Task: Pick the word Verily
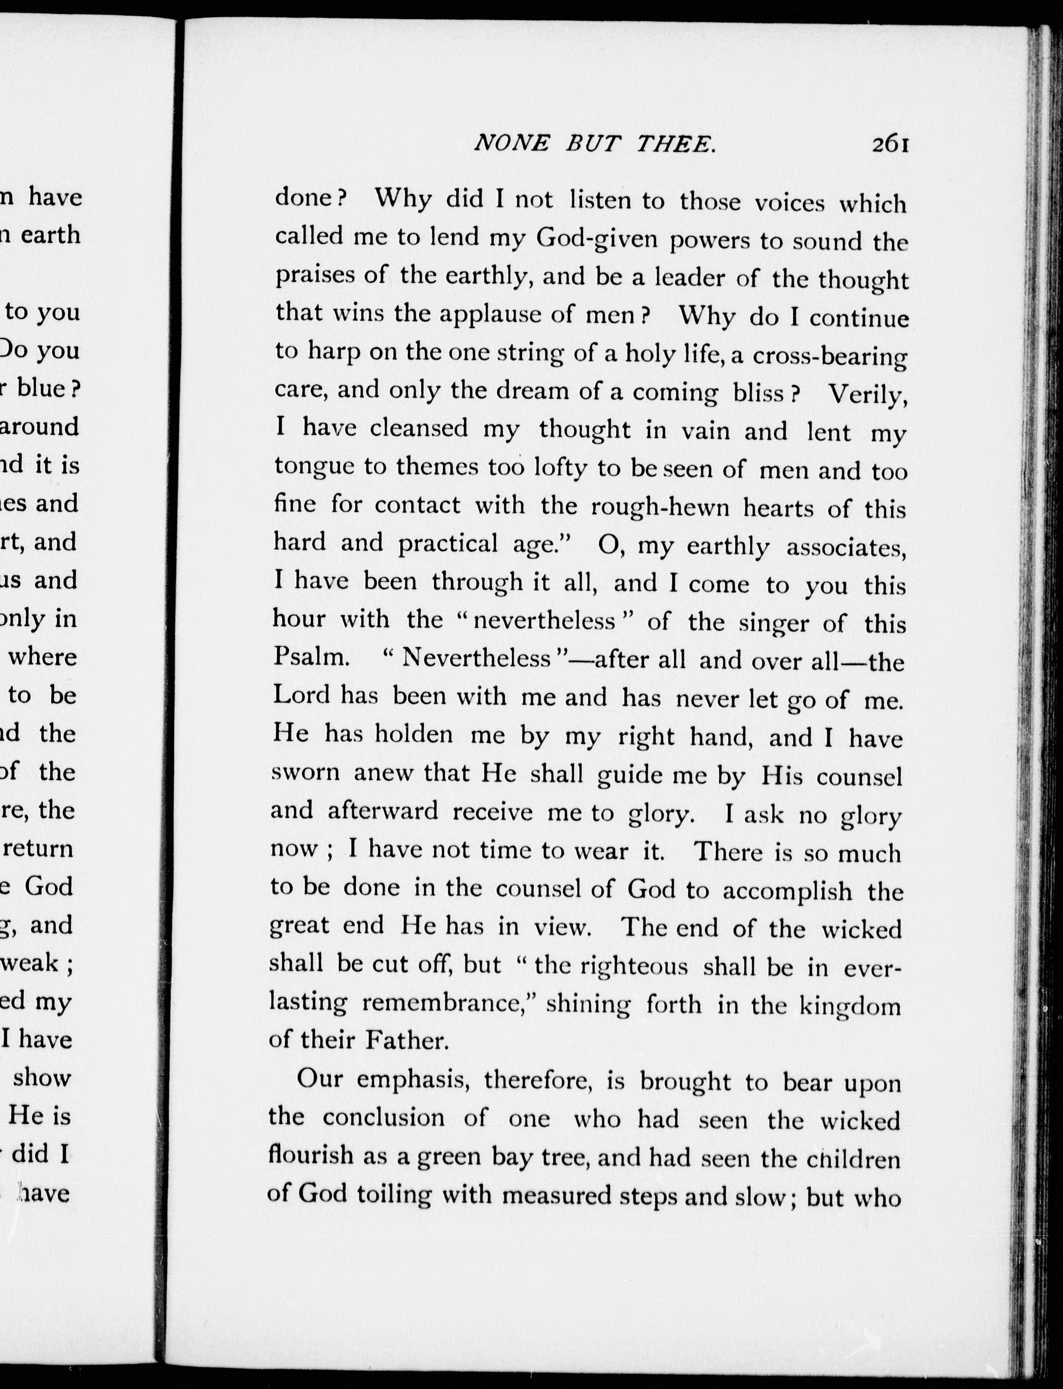click(868, 394)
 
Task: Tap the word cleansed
click(419, 428)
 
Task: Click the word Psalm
click(311, 657)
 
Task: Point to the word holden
click(414, 735)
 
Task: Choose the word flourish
click(311, 1155)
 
